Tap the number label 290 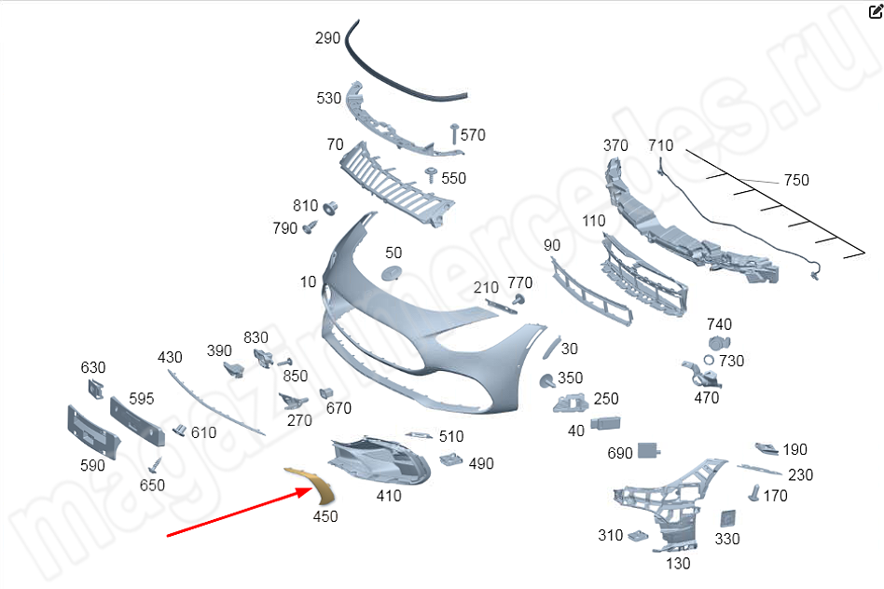click(327, 38)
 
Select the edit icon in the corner click(876, 11)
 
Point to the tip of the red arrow click(311, 489)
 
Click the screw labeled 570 click(454, 133)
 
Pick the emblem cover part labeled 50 click(393, 273)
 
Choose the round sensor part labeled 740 click(719, 343)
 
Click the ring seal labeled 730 click(709, 360)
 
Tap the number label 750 click(796, 181)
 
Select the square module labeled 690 click(648, 450)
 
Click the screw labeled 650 click(155, 466)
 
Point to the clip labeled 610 click(179, 430)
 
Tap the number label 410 click(389, 496)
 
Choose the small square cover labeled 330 click(727, 518)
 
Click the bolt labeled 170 click(753, 493)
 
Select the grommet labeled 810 click(330, 208)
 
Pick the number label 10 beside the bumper click(308, 281)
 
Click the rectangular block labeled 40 click(605, 423)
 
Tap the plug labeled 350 click(546, 381)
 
